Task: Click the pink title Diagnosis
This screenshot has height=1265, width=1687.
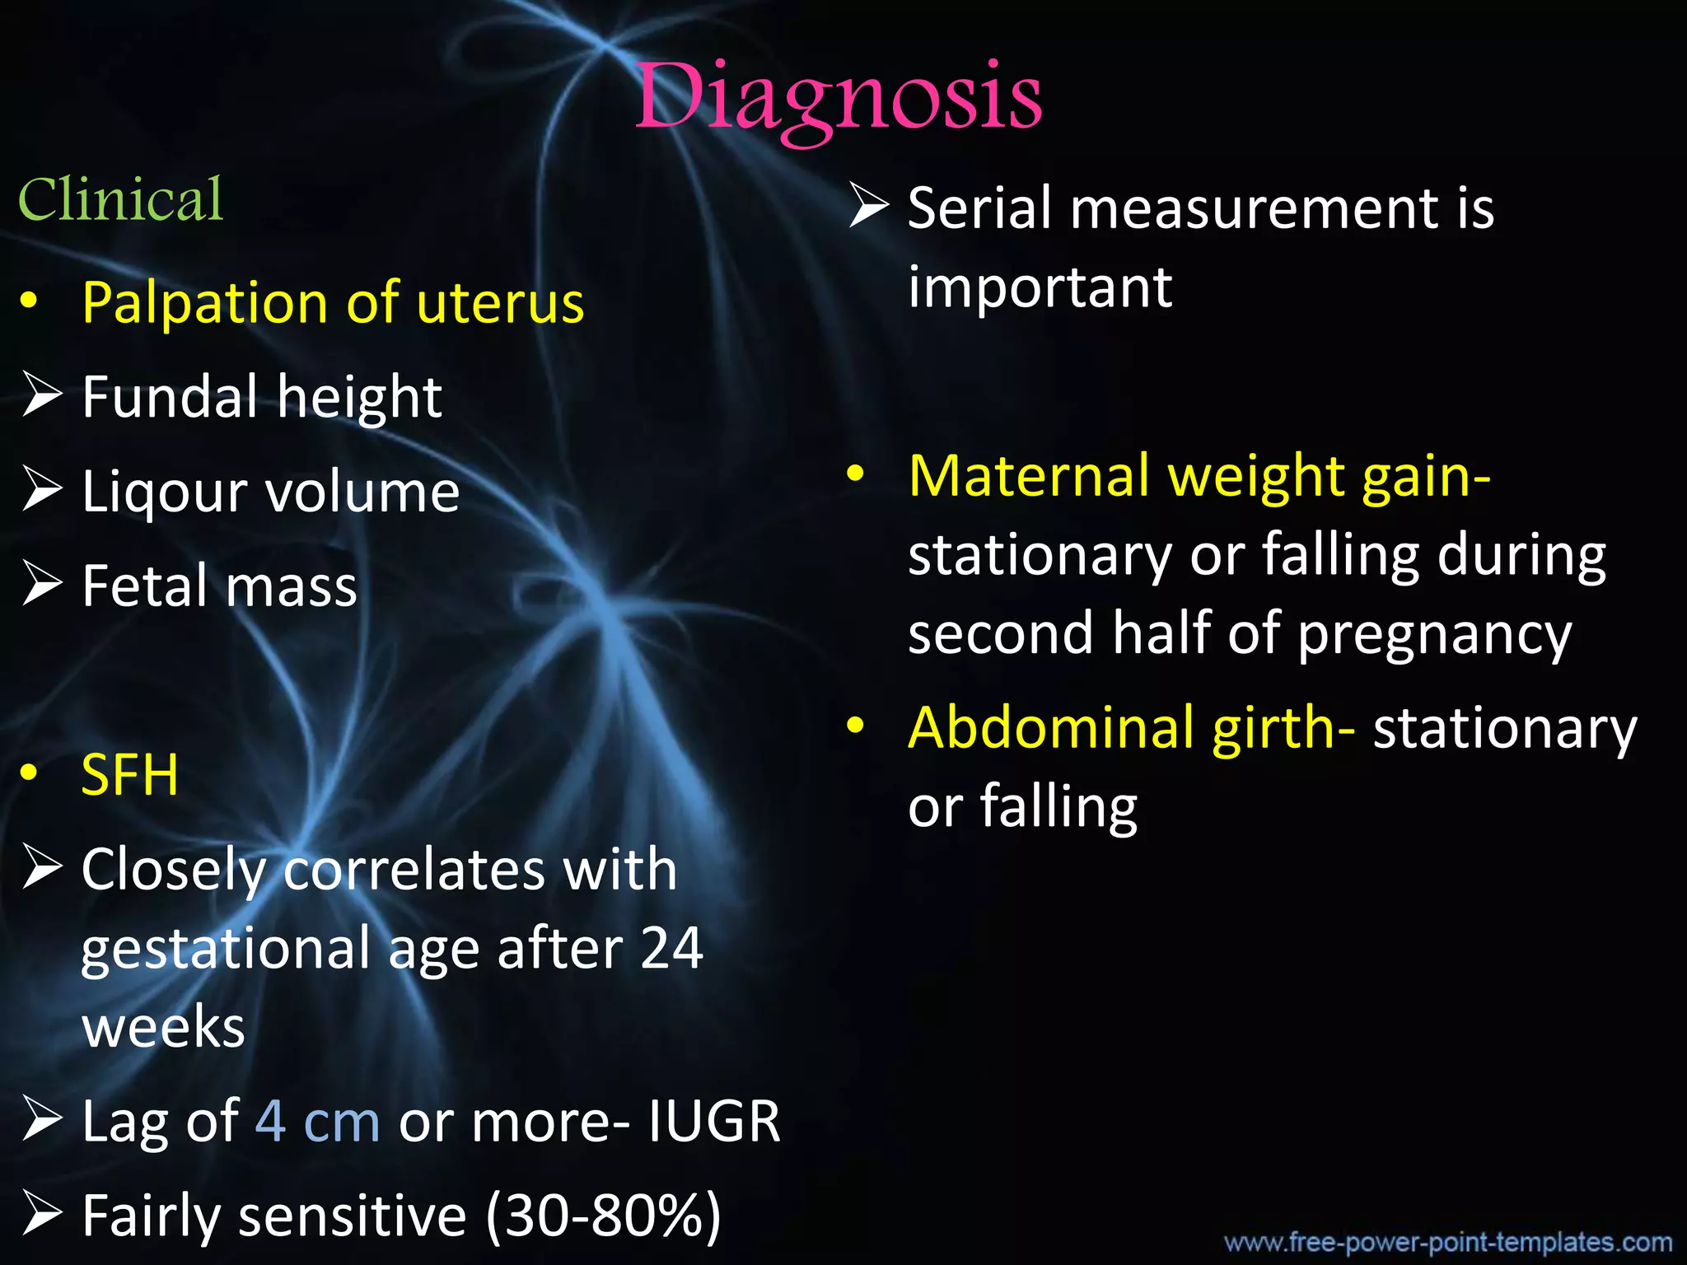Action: [839, 98]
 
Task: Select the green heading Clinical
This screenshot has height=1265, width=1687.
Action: [120, 199]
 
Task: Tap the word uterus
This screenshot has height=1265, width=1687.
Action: [500, 303]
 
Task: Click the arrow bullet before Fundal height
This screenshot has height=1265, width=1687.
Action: [42, 394]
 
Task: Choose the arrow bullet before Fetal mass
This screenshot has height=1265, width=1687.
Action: [42, 584]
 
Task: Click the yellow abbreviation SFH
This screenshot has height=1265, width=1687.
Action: [129, 775]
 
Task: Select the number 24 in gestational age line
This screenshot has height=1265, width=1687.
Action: [671, 948]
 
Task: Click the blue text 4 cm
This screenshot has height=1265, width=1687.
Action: [318, 1121]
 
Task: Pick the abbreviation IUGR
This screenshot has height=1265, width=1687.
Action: [713, 1121]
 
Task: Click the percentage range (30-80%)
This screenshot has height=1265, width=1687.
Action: [604, 1216]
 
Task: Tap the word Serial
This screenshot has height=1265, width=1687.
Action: [979, 208]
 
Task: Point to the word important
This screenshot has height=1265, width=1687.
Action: [1040, 287]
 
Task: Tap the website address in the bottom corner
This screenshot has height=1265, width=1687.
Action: [1448, 1242]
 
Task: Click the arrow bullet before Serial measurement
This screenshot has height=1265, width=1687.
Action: [869, 206]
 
